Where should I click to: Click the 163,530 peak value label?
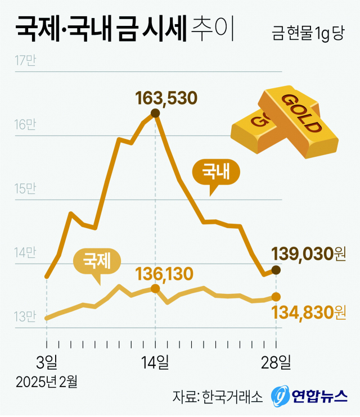pyautogui.click(x=166, y=98)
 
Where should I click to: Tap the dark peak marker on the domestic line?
pyautogui.click(x=156, y=114)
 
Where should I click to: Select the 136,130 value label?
pyautogui.click(x=165, y=274)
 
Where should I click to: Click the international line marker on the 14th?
pyautogui.click(x=156, y=288)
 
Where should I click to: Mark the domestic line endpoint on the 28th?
pyautogui.click(x=276, y=270)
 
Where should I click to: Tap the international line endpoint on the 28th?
pyautogui.click(x=276, y=296)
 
